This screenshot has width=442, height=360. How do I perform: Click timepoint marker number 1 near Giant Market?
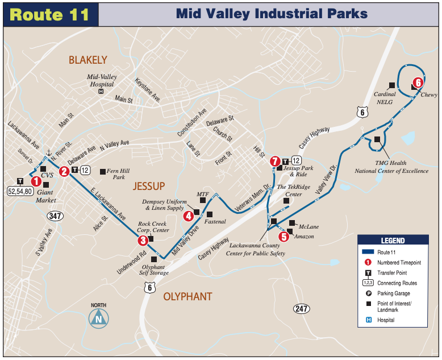(36, 181)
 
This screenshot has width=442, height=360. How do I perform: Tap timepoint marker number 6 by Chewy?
(418, 82)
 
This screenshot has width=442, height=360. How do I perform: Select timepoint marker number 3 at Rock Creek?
(143, 241)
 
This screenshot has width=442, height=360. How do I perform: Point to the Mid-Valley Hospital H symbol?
(101, 91)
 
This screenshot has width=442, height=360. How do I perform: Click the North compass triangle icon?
(99, 318)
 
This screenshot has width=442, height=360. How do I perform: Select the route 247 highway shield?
(302, 308)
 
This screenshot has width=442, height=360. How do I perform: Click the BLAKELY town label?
(87, 60)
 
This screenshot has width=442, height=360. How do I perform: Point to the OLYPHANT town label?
(187, 296)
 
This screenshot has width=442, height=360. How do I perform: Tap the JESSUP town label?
(149, 186)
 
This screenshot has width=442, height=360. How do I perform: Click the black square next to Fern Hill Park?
(103, 171)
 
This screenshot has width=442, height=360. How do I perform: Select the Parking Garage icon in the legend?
(368, 293)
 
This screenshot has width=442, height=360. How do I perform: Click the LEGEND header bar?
(393, 241)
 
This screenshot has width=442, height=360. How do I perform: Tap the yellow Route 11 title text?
(50, 14)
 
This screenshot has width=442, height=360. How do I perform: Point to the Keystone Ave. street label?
(147, 90)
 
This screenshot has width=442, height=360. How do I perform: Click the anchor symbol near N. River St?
(49, 153)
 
